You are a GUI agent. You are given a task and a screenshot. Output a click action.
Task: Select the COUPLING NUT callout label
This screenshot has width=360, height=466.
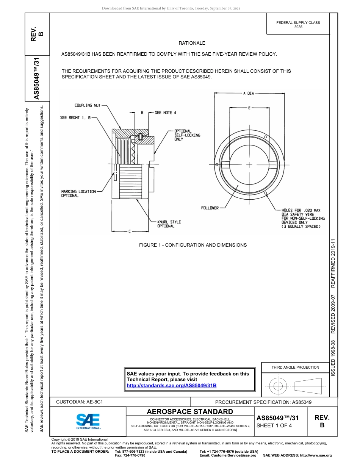pyautogui.click(x=88, y=105)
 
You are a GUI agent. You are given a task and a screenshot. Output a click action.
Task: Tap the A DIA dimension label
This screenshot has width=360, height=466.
pyautogui.click(x=249, y=93)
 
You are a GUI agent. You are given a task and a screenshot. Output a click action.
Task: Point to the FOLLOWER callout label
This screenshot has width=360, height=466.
pyautogui.click(x=210, y=208)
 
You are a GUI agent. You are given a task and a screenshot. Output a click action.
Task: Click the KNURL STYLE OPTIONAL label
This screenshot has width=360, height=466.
pyautogui.click(x=169, y=224)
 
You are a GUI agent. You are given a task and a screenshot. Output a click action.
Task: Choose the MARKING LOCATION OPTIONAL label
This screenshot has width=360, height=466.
pyautogui.click(x=78, y=194)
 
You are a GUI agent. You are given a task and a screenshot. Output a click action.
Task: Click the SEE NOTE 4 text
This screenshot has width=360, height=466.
pyautogui.click(x=166, y=113)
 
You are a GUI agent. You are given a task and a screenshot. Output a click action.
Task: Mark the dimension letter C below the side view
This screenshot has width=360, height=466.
pyautogui.click(x=129, y=231)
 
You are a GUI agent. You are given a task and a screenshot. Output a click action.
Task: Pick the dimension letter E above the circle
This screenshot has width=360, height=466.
pyautogui.click(x=249, y=108)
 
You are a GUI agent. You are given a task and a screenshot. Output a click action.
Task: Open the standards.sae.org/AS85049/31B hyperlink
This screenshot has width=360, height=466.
pyautogui.click(x=171, y=385)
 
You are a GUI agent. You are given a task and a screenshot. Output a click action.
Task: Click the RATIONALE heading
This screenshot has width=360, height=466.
pyautogui.click(x=192, y=43)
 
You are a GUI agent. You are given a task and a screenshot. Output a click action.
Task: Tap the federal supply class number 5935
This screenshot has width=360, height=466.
pyautogui.click(x=298, y=27)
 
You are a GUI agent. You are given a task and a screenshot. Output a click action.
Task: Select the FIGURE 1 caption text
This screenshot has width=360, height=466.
pyautogui.click(x=193, y=245)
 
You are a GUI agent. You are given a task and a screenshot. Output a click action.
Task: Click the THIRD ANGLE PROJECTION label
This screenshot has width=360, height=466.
pyautogui.click(x=295, y=367)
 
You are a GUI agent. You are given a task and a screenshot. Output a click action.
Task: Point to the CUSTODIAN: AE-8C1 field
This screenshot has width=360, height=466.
pyautogui.click(x=80, y=402)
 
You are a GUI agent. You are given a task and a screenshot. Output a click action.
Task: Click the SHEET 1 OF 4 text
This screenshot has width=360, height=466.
pyautogui.click(x=274, y=425)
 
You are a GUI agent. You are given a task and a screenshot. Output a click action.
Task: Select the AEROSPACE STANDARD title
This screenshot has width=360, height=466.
pyautogui.click(x=190, y=411)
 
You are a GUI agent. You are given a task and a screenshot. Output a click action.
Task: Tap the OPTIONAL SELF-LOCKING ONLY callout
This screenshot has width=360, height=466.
pyautogui.click(x=187, y=135)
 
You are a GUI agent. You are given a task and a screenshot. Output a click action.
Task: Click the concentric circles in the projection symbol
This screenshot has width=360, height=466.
pyautogui.click(x=278, y=386)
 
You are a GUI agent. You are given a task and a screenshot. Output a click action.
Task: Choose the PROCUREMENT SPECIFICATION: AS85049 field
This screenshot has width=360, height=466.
pyautogui.click(x=263, y=402)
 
